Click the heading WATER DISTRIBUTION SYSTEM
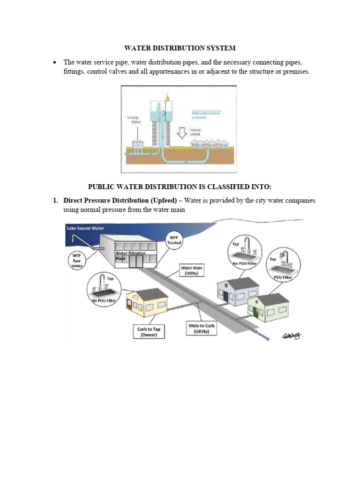[180, 48]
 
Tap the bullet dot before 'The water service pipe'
[55, 62]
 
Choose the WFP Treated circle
[174, 243]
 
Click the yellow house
[147, 303]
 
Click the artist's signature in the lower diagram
[291, 336]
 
